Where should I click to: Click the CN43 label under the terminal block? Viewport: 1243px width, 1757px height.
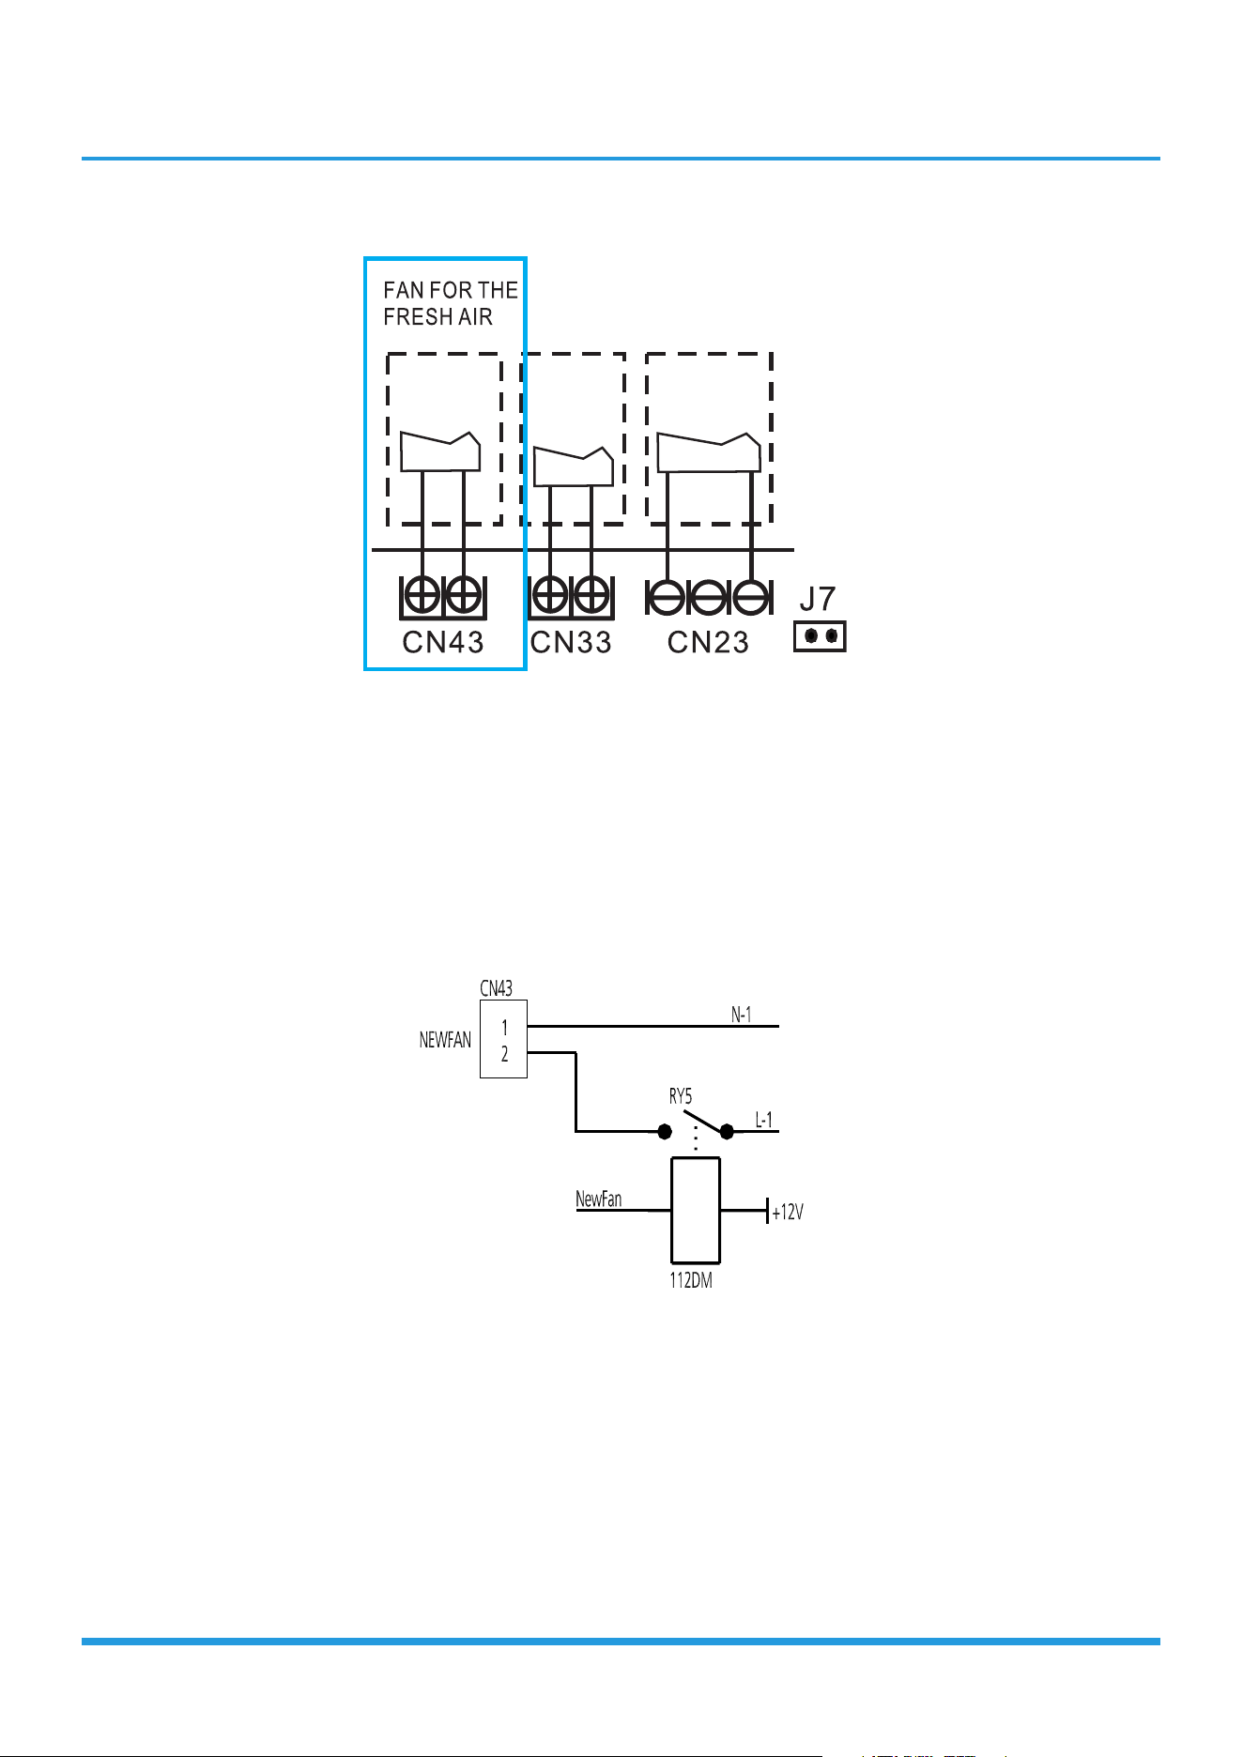coord(443,642)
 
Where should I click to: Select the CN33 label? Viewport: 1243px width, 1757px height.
coord(571,642)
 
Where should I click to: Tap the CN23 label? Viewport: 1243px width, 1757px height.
coord(709,642)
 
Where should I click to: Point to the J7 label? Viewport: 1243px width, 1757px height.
coord(818,599)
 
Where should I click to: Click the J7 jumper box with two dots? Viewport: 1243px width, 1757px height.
coord(820,636)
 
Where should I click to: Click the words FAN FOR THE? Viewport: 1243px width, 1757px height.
coord(451,290)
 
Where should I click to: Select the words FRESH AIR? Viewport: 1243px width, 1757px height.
coord(437,317)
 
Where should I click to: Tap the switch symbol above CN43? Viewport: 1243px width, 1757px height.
coord(440,451)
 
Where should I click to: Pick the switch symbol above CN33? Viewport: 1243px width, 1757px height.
coord(574,466)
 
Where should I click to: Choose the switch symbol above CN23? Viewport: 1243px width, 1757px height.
coord(708,452)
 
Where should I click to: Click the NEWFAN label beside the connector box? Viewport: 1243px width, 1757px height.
coord(445,1040)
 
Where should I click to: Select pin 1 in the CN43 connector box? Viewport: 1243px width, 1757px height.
coord(505,1028)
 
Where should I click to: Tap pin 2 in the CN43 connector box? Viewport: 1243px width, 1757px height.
coord(505,1054)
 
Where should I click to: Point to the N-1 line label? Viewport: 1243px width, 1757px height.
coord(742,1015)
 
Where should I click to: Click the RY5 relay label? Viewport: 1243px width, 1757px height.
coord(681,1096)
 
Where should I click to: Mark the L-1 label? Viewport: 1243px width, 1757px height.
coord(764,1120)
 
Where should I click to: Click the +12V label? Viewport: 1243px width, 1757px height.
coord(788,1213)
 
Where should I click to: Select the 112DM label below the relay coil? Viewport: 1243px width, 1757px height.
coord(691,1280)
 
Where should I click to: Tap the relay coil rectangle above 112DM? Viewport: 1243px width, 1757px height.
coord(696,1211)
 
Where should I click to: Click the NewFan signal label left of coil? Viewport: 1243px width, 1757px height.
coord(599,1199)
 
